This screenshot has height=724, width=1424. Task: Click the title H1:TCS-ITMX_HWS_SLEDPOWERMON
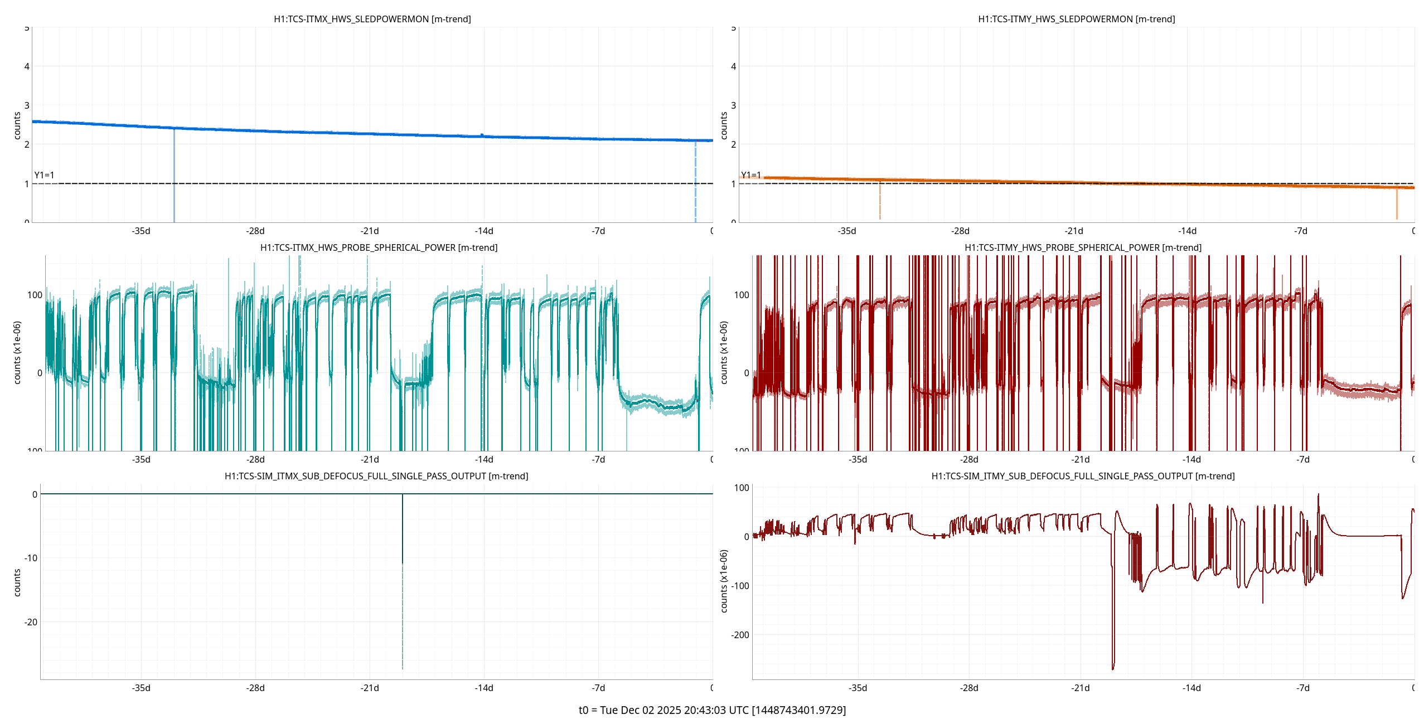pyautogui.click(x=372, y=19)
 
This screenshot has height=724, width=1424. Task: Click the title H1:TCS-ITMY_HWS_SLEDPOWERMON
pyautogui.click(x=1076, y=19)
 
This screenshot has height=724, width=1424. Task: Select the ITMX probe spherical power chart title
pyautogui.click(x=379, y=247)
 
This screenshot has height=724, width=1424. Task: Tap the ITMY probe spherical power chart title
pyautogui.click(x=1083, y=247)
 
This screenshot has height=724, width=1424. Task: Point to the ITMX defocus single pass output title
pyautogui.click(x=376, y=476)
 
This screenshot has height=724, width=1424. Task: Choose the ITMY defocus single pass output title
pyautogui.click(x=1083, y=476)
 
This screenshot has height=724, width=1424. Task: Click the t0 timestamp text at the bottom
pyautogui.click(x=712, y=710)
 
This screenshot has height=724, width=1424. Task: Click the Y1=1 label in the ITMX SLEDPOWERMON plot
pyautogui.click(x=45, y=175)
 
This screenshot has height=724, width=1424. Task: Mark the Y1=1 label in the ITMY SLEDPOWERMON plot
pyautogui.click(x=751, y=175)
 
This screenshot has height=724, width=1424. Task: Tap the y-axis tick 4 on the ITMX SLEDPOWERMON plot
pyautogui.click(x=27, y=66)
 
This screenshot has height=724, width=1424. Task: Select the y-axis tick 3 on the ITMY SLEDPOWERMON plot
pyautogui.click(x=733, y=105)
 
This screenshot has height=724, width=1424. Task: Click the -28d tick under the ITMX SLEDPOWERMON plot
pyautogui.click(x=255, y=231)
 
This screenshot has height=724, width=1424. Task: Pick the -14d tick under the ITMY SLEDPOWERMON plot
pyautogui.click(x=1187, y=231)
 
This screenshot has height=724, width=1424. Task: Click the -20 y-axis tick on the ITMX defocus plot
pyautogui.click(x=31, y=622)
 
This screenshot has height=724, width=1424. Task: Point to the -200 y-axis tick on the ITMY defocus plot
pyautogui.click(x=740, y=635)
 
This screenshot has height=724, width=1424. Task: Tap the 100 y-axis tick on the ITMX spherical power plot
pyautogui.click(x=35, y=295)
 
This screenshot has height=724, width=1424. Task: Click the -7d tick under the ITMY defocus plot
pyautogui.click(x=1302, y=688)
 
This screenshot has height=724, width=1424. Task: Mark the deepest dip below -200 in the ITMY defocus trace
pyautogui.click(x=1113, y=667)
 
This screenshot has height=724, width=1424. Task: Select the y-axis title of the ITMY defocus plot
pyautogui.click(x=724, y=581)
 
